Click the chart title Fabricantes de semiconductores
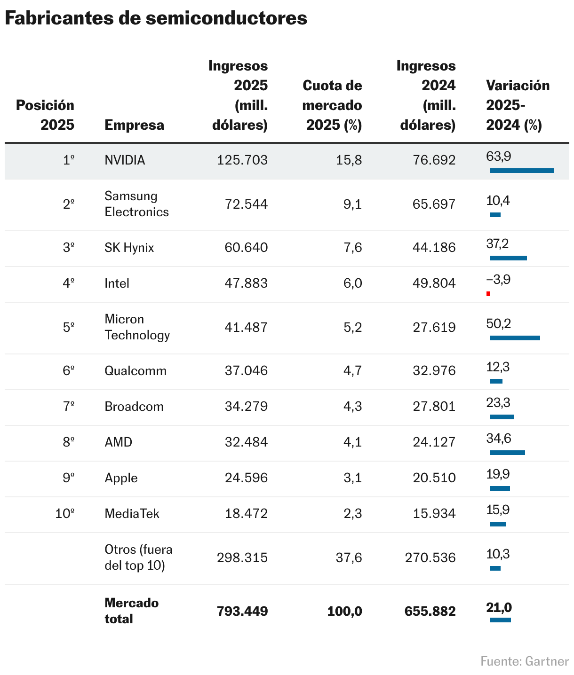[x=156, y=18]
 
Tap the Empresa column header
[x=134, y=125]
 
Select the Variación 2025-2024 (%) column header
[x=518, y=105]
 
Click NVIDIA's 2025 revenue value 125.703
[x=242, y=160]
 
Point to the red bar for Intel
[x=488, y=294]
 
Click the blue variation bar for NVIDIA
[x=522, y=171]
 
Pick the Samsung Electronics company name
[x=136, y=204]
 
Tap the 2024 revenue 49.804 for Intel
[x=434, y=283]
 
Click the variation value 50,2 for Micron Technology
[x=499, y=324]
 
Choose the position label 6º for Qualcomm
[x=69, y=371]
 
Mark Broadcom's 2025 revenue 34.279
[x=246, y=407]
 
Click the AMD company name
[x=118, y=442]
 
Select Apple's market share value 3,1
[x=352, y=478]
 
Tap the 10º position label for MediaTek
[x=65, y=514]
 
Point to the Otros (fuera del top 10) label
[x=138, y=557]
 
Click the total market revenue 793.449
[x=242, y=611]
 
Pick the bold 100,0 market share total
[x=344, y=611]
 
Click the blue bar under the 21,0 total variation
[x=500, y=620]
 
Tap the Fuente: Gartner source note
[x=525, y=661]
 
